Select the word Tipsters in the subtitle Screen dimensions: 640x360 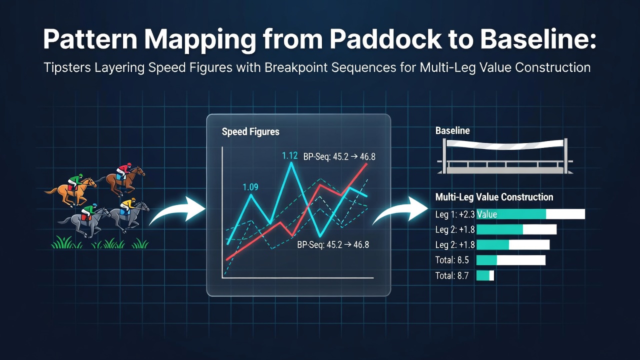[66, 68]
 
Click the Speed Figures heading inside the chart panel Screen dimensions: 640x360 [250, 131]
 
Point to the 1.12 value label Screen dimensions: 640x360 [289, 155]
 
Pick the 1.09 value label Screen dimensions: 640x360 [250, 187]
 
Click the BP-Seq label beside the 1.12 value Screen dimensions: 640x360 [339, 157]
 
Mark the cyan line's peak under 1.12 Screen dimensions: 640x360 [291, 163]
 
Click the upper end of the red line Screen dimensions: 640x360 [366, 164]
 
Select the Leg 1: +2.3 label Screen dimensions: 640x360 [455, 214]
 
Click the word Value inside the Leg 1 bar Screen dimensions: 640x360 [487, 214]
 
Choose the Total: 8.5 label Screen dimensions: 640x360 [452, 260]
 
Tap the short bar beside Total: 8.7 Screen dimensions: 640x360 [485, 275]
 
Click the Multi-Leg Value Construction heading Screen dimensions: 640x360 [494, 197]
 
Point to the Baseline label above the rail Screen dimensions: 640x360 [452, 131]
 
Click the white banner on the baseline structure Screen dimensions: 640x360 [505, 144]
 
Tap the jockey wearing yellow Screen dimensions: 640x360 [127, 205]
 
